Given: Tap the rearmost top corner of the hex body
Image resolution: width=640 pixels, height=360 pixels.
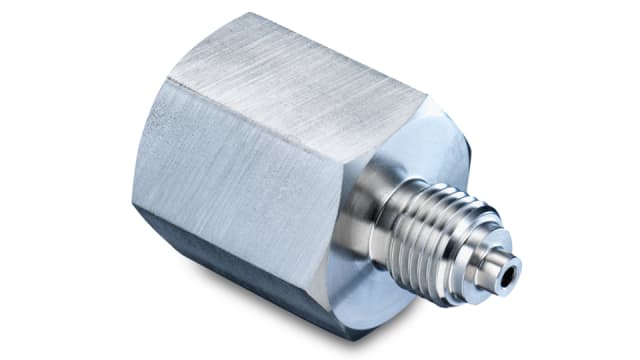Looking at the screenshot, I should coord(251,14).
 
